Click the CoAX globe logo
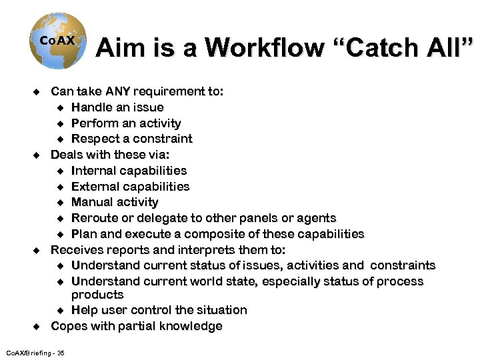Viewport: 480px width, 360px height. (x=57, y=42)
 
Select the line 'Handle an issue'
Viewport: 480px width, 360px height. (x=117, y=107)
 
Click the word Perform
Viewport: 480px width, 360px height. (x=93, y=123)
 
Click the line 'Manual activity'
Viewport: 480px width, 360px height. (x=115, y=202)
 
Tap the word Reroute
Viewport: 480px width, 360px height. (x=94, y=218)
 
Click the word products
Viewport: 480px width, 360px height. (x=97, y=295)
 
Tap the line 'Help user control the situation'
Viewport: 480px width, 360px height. (x=159, y=310)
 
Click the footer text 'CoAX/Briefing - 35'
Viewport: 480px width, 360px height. (x=35, y=352)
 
